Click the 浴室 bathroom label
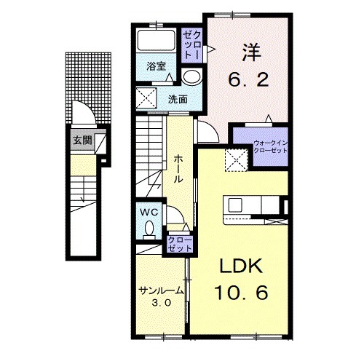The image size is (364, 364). pos(156,66)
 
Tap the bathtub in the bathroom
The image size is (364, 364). pos(157,40)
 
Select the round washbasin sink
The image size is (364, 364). pos(191,76)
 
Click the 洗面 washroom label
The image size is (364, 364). pos(178,99)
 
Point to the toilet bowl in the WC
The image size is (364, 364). pos(149,229)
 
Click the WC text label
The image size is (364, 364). pos(149,213)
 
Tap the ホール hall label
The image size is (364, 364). pos(178,169)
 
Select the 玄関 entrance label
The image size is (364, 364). pos(83,141)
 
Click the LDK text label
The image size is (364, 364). pos(241,266)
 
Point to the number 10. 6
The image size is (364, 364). pos(241,293)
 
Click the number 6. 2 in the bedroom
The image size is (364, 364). pos(248,80)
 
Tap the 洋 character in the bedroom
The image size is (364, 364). pos(251,52)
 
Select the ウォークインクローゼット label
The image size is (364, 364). pos(270,147)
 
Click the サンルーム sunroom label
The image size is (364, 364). pos(161,290)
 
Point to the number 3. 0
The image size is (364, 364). pos(162,303)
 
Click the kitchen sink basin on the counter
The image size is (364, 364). pos(235,205)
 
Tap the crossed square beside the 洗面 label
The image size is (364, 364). pos(146,98)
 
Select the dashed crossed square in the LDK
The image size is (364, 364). pos(237,160)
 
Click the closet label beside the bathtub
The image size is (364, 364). pos(192,45)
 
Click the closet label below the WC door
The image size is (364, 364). pos(180,245)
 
